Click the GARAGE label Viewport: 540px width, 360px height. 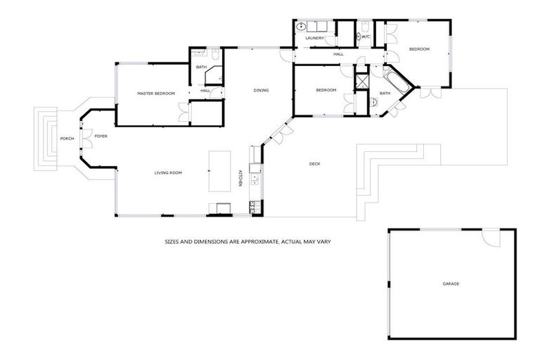tap(451, 283)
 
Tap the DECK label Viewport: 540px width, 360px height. tap(315, 165)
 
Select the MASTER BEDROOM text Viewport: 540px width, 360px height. tap(155, 94)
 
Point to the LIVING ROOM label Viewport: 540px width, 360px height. tap(169, 172)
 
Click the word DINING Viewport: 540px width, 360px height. tap(261, 90)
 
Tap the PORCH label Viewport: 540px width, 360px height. tap(67, 139)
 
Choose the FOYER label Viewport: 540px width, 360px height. tap(101, 136)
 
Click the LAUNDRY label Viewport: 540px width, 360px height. tap(314, 38)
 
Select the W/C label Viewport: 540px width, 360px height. tap(366, 37)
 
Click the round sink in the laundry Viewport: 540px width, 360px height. tap(301, 27)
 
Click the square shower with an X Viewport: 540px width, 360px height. tap(362, 81)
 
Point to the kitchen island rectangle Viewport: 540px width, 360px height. tap(221, 170)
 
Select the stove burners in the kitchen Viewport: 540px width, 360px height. tap(253, 205)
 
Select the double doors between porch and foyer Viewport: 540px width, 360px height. tap(82, 138)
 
